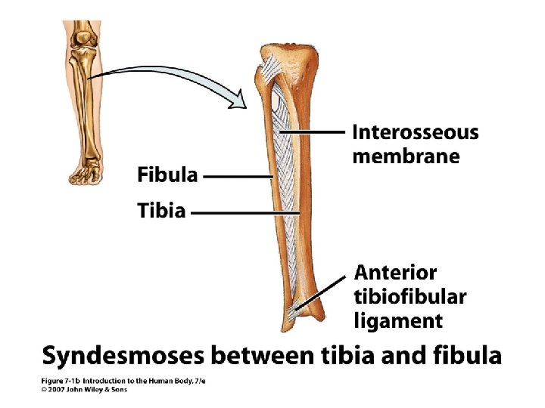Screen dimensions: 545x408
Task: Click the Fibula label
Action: (x=167, y=175)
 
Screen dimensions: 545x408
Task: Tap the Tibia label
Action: (x=161, y=211)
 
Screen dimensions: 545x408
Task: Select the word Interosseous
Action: (x=416, y=133)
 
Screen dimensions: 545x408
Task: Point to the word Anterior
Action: (x=396, y=272)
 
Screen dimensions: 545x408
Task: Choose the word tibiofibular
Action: (x=410, y=296)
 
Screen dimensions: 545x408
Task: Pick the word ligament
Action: (x=398, y=320)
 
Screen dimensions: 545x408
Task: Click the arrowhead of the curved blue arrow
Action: (x=240, y=99)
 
